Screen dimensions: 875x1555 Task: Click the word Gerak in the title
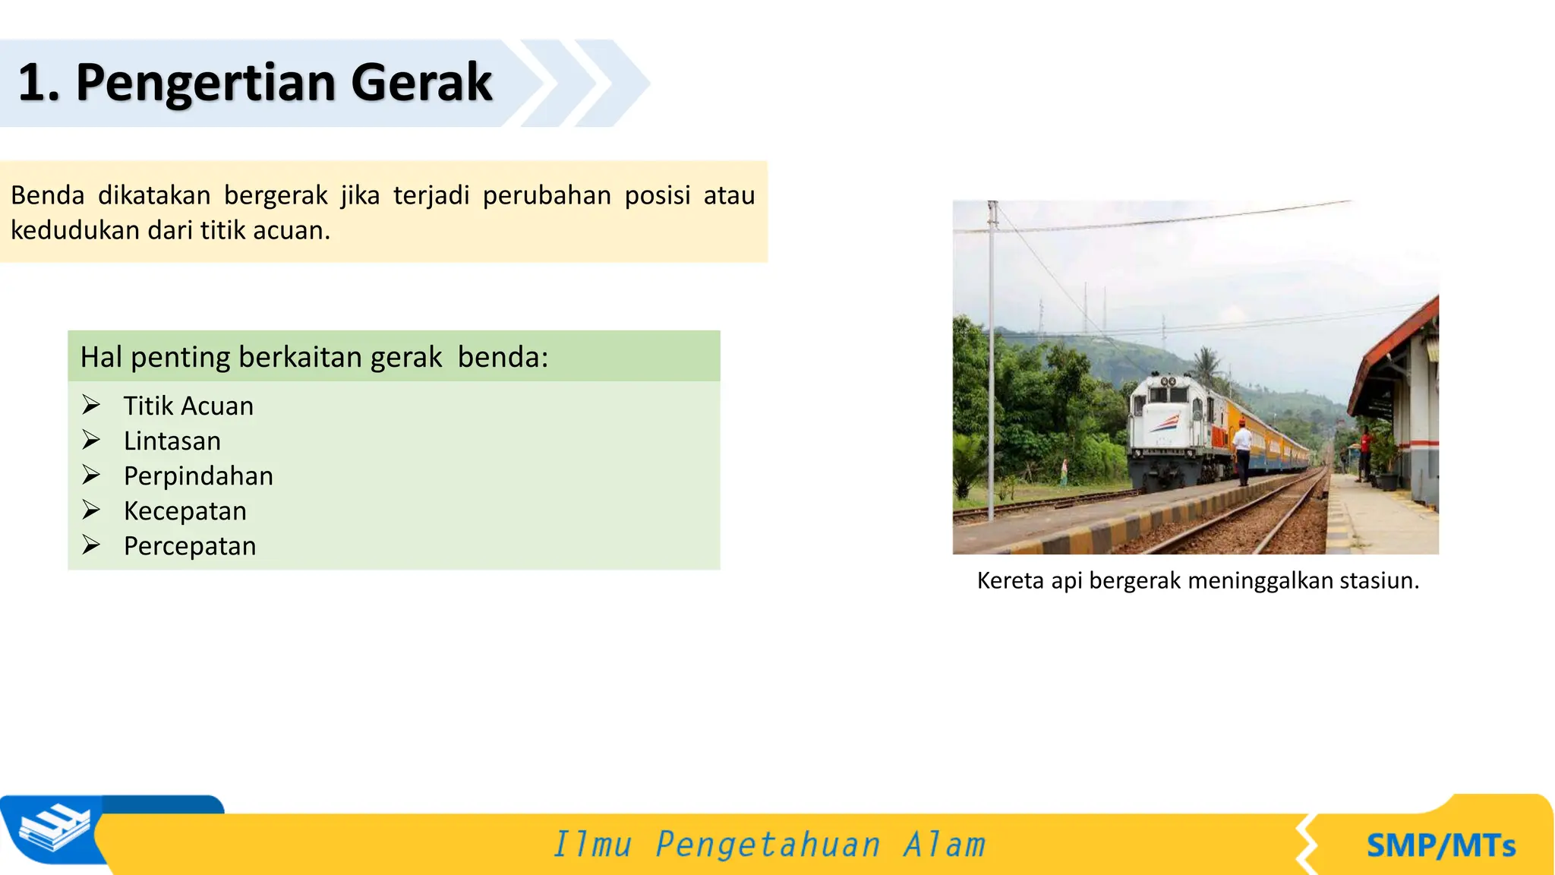(421, 82)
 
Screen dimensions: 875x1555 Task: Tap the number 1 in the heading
(33, 82)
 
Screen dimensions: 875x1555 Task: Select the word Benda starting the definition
(47, 195)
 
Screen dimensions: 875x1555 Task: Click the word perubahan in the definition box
(547, 195)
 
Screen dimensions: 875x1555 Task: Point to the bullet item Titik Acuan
(188, 406)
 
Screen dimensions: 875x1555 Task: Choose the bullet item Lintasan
(172, 441)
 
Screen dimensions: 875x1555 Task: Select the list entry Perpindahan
(198, 475)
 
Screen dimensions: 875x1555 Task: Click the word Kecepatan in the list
(185, 510)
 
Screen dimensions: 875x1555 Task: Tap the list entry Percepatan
(190, 545)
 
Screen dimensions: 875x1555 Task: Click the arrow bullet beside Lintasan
(91, 440)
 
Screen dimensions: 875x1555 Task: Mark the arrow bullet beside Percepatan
(91, 545)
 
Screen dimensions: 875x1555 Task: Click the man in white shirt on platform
(1242, 452)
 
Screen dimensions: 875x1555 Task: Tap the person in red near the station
(1365, 452)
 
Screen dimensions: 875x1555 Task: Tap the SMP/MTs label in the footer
(1440, 845)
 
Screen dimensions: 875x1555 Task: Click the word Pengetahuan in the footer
(768, 845)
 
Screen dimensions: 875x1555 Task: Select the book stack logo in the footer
(53, 830)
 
